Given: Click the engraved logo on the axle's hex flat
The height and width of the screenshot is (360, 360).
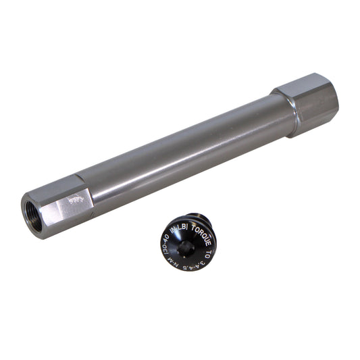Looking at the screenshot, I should coord(78,200).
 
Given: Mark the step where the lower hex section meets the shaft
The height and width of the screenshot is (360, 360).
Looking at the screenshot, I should coord(91,196).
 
